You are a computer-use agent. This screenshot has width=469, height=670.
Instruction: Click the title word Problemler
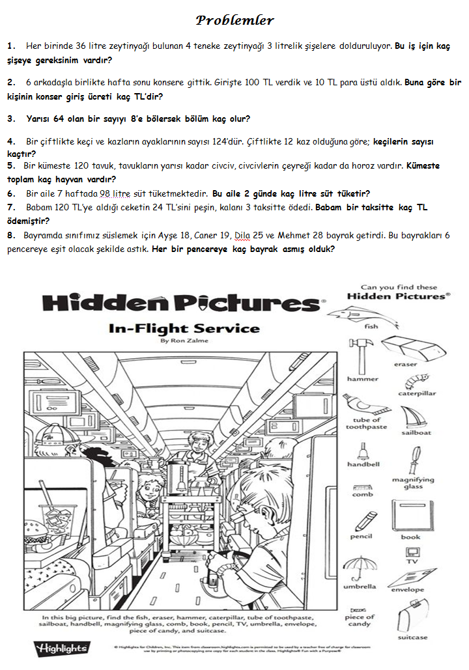tap(234, 21)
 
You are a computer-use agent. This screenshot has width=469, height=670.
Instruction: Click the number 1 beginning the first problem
tap(10, 46)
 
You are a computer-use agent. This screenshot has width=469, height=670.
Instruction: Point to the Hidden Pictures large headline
tap(182, 304)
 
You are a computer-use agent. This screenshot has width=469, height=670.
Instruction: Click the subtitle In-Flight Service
tap(184, 328)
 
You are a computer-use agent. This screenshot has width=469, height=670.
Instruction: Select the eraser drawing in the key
tap(405, 347)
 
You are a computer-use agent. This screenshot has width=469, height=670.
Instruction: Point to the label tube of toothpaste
tap(366, 424)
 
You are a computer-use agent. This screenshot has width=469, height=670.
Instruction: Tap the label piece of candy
tap(360, 620)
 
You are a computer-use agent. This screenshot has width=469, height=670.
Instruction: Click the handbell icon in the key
tap(363, 451)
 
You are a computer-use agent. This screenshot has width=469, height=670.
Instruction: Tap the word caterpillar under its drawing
tap(417, 394)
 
